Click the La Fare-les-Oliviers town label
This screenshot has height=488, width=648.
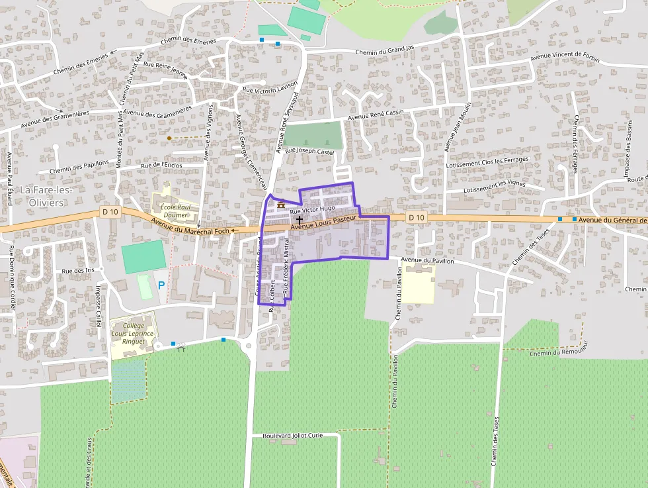click(46, 195)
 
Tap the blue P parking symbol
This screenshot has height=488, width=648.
click(161, 285)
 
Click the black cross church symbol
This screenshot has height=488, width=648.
click(299, 219)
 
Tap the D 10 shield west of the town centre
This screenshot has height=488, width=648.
click(110, 211)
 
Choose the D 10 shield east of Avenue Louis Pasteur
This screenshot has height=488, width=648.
click(415, 217)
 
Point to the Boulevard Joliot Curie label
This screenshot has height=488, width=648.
click(293, 436)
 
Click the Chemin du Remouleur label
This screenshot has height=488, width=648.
click(558, 353)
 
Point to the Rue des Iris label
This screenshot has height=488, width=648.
click(78, 271)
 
